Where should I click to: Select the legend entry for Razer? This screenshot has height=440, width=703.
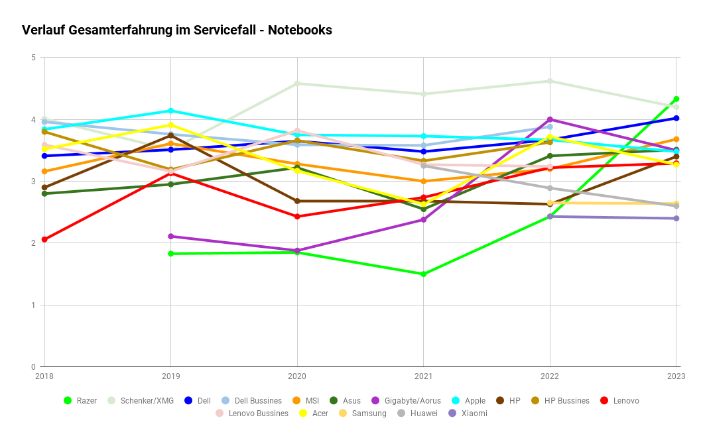point(86,400)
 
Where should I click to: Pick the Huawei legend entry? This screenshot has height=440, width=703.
point(422,413)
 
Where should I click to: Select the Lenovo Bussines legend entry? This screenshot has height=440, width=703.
point(258,413)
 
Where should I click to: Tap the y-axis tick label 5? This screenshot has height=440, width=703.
point(33,58)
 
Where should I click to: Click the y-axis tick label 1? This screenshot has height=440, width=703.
point(33,305)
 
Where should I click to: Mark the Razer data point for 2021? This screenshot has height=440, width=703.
point(423,274)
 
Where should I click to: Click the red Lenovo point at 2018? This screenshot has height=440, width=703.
point(44,239)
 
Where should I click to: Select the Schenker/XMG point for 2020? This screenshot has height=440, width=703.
point(297,83)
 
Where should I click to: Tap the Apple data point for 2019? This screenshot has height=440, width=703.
point(171,111)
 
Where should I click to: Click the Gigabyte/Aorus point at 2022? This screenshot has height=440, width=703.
point(550,119)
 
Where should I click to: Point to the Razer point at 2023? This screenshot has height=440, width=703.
point(676,99)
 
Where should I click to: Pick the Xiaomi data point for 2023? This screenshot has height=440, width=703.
point(676,218)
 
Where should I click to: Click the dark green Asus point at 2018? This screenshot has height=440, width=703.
point(44,193)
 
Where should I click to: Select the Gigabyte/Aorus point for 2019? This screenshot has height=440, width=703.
point(171,236)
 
